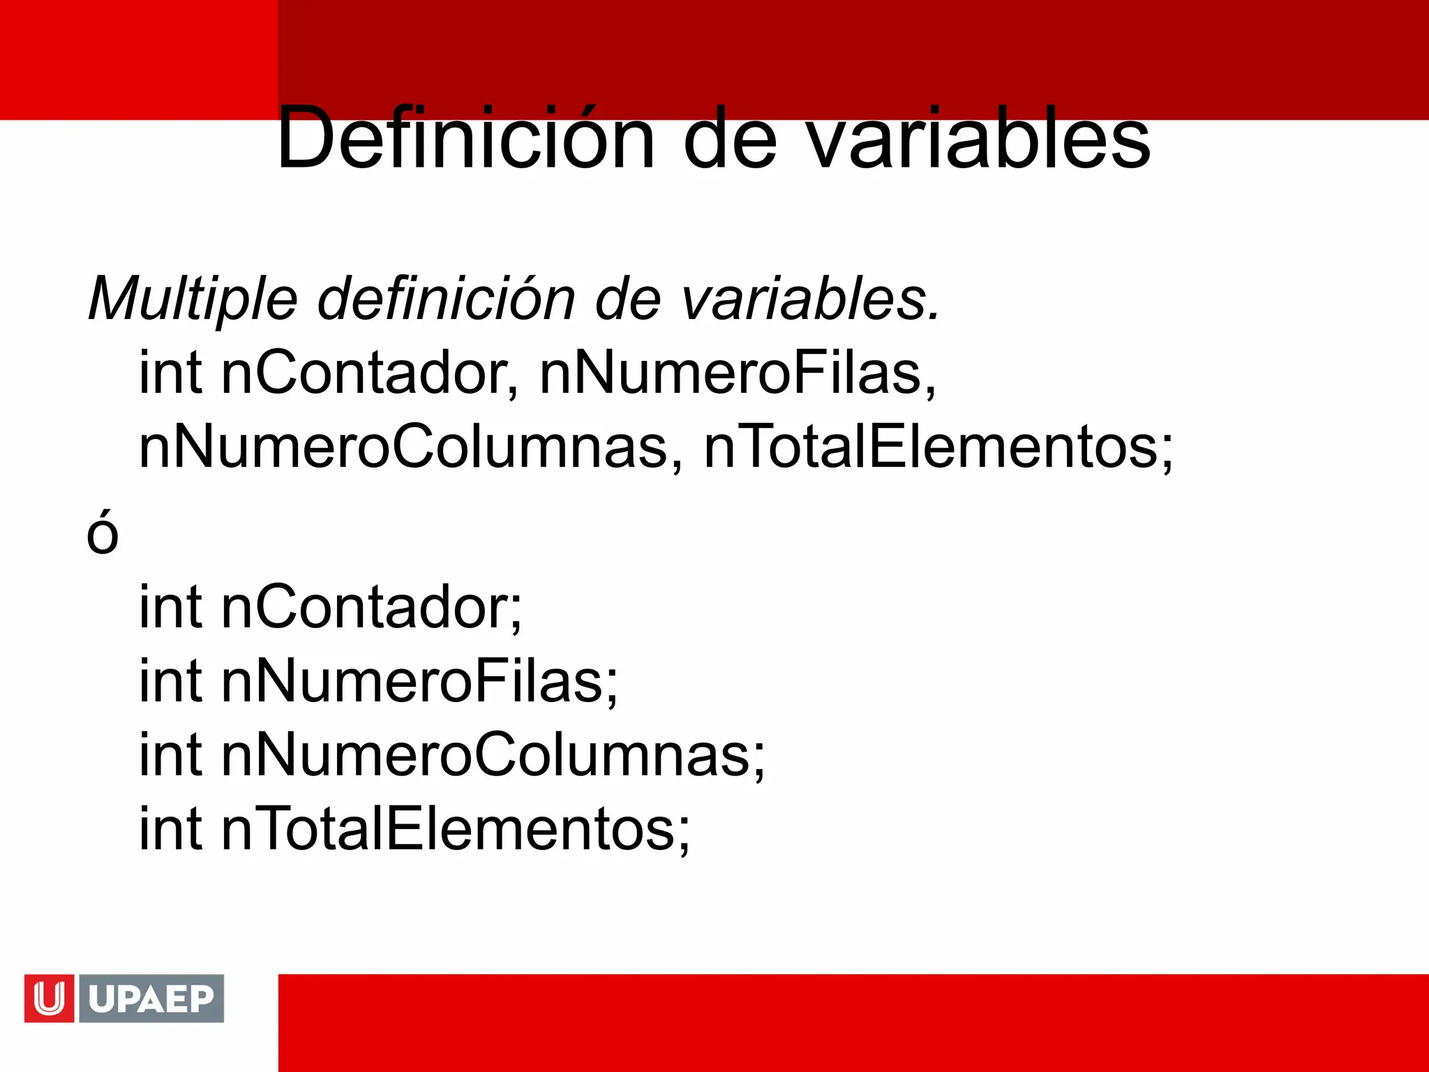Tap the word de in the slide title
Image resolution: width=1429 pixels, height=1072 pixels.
[x=730, y=138]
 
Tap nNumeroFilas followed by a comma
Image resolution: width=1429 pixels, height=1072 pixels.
[x=738, y=373]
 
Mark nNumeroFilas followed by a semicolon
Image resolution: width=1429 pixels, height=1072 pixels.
[x=419, y=681]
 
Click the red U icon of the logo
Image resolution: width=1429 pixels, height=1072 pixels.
[x=49, y=999]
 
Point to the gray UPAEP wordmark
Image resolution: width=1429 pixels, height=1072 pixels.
[x=151, y=999]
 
